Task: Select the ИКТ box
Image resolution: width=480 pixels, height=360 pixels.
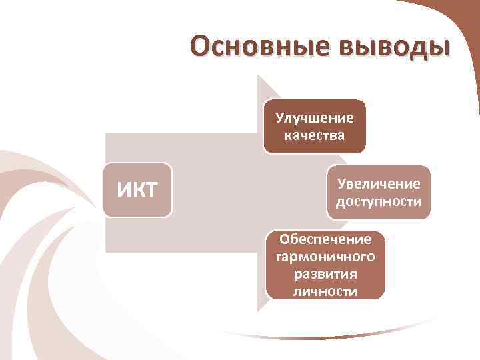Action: click(137, 190)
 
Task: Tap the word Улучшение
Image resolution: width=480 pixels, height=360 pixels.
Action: click(315, 119)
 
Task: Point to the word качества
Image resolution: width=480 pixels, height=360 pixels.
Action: click(315, 136)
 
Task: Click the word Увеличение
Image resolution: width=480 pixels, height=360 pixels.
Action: click(379, 183)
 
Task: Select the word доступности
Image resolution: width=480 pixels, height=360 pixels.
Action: click(379, 201)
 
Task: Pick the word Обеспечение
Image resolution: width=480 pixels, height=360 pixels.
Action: click(325, 239)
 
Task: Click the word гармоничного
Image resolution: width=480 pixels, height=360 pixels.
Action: click(325, 257)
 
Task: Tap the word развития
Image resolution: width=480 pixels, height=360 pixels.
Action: click(325, 274)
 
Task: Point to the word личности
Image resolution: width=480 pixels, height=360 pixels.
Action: click(325, 291)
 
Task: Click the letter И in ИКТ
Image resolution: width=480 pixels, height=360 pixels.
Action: click(125, 191)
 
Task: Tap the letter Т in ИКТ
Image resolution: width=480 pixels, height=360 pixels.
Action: click(151, 191)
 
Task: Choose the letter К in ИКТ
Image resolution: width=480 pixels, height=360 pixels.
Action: click(138, 191)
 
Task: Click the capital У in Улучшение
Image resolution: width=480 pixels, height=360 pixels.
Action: click(280, 119)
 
